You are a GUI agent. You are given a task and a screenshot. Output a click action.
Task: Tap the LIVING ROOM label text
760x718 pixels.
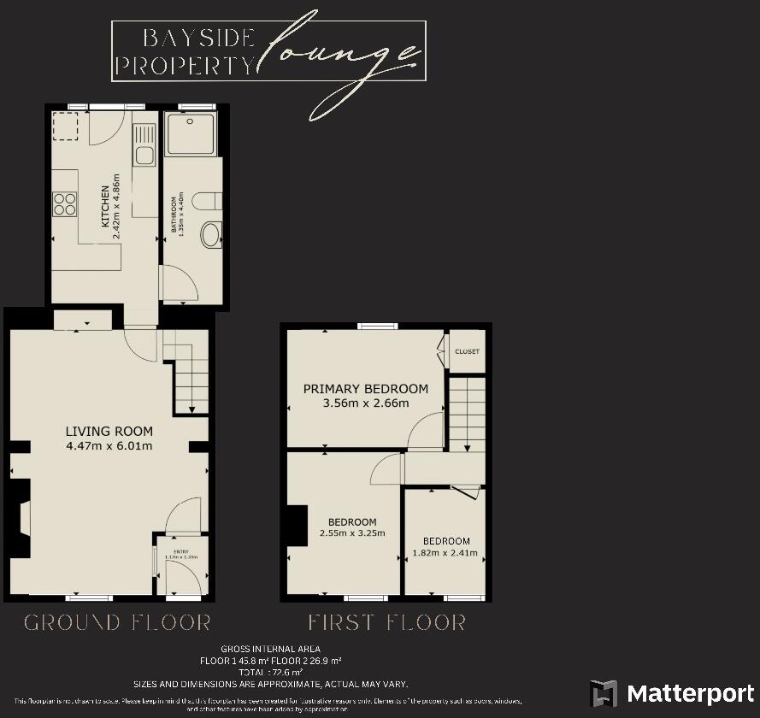pyautogui.click(x=109, y=431)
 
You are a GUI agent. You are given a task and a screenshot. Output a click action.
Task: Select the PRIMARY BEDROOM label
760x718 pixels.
pyautogui.click(x=365, y=389)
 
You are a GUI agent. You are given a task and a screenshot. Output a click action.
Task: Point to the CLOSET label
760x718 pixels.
pyautogui.click(x=467, y=351)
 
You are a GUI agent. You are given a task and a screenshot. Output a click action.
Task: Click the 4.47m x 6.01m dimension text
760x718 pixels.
pyautogui.click(x=109, y=445)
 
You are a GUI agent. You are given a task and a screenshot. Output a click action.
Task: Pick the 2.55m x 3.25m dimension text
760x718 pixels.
pyautogui.click(x=352, y=533)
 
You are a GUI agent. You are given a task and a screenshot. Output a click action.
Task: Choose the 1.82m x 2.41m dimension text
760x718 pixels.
pyautogui.click(x=446, y=551)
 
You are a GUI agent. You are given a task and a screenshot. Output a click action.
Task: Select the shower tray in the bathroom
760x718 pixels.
pyautogui.click(x=191, y=135)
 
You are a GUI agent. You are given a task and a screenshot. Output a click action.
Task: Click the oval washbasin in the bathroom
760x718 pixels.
pyautogui.click(x=209, y=234)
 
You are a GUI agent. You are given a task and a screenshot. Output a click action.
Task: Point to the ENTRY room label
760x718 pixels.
pyautogui.click(x=181, y=551)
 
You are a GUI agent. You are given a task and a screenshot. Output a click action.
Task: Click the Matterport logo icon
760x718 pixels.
pyautogui.click(x=604, y=693)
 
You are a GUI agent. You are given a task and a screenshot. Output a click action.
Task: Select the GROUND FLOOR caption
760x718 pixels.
pyautogui.click(x=117, y=621)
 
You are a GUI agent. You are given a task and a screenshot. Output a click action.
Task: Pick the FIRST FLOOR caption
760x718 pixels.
pyautogui.click(x=386, y=621)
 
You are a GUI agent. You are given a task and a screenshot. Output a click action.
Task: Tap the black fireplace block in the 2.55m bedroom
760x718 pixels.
pyautogui.click(x=295, y=525)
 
